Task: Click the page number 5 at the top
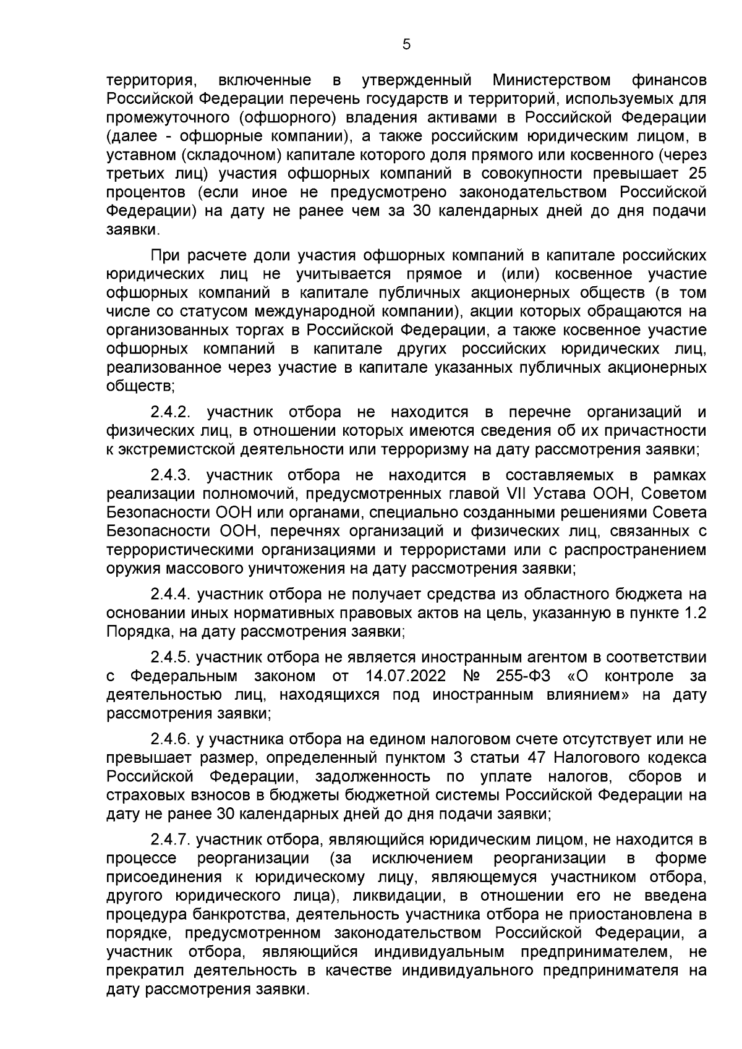tap(406, 44)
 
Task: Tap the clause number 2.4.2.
tap(174, 412)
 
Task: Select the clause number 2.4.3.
tap(174, 475)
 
